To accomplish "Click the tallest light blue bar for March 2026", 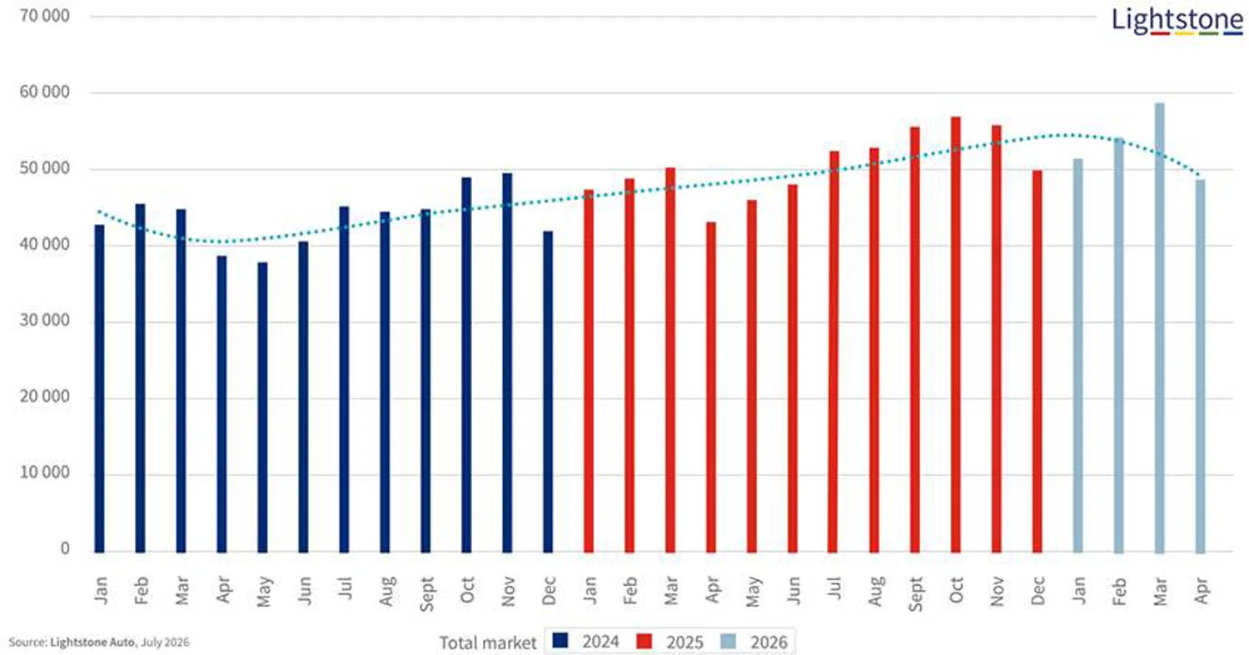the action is pyautogui.click(x=1159, y=328).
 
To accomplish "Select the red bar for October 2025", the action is pyautogui.click(x=956, y=335).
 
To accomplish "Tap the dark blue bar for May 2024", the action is pyautogui.click(x=262, y=408).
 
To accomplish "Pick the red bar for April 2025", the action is pyautogui.click(x=711, y=388).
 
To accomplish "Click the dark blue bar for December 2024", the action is pyautogui.click(x=548, y=392).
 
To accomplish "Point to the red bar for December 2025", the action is pyautogui.click(x=1038, y=361).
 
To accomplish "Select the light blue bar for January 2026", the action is pyautogui.click(x=1078, y=355).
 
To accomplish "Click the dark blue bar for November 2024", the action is pyautogui.click(x=507, y=363).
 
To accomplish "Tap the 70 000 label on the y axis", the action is pyautogui.click(x=45, y=16).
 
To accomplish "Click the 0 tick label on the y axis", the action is pyautogui.click(x=65, y=548).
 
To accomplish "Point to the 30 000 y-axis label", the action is pyautogui.click(x=45, y=320).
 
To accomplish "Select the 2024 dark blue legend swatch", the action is pyautogui.click(x=560, y=640).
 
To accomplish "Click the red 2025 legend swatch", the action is pyautogui.click(x=644, y=641).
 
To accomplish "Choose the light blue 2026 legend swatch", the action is pyautogui.click(x=729, y=641).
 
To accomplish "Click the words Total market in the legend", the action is pyautogui.click(x=488, y=643).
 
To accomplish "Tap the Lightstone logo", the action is pyautogui.click(x=1177, y=21).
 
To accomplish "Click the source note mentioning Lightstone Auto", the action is pyautogui.click(x=99, y=643).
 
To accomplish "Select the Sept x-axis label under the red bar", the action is pyautogui.click(x=915, y=594).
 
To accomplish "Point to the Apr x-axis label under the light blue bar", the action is pyautogui.click(x=1201, y=590).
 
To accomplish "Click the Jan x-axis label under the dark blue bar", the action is pyautogui.click(x=101, y=591).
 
